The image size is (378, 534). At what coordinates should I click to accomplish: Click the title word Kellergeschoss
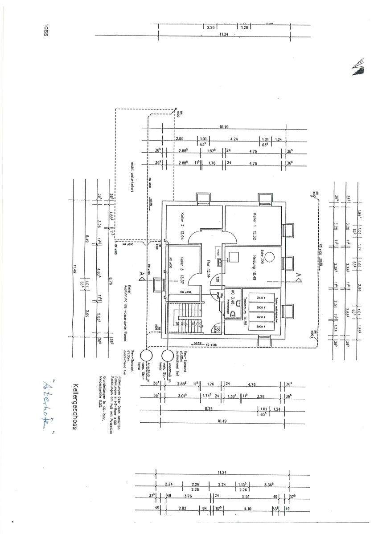point(75,408)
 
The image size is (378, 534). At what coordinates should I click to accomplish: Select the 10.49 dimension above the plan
point(224,127)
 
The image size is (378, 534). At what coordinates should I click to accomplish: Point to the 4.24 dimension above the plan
point(234,139)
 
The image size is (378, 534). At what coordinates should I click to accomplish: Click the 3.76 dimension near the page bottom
point(188,496)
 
